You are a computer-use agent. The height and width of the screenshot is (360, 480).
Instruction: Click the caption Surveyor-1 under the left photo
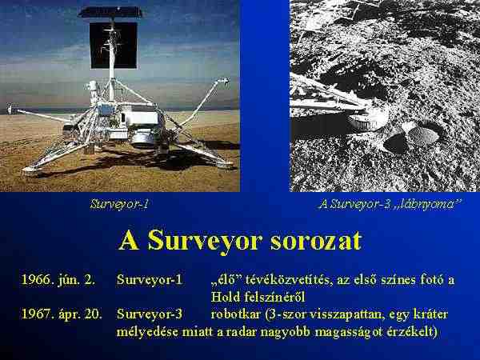(x=119, y=204)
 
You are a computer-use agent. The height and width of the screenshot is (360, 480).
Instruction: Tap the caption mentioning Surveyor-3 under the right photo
(x=390, y=204)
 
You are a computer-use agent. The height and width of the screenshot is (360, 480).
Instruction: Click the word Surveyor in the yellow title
(x=205, y=242)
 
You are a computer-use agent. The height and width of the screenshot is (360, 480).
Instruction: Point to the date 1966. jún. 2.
(x=58, y=280)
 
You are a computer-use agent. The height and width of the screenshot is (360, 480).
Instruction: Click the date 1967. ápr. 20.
(x=62, y=314)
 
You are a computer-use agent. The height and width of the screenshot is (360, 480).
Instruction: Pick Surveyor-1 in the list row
(x=150, y=280)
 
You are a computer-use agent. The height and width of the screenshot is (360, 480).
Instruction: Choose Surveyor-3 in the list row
(x=150, y=314)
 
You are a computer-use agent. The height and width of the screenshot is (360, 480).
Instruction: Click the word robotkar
(x=235, y=314)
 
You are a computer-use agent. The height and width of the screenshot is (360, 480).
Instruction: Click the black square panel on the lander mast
(x=114, y=46)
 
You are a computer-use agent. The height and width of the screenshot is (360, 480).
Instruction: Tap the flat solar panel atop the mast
(x=110, y=12)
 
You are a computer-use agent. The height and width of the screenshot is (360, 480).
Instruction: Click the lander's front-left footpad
(x=32, y=170)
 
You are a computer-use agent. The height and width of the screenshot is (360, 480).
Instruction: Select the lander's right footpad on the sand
(x=226, y=165)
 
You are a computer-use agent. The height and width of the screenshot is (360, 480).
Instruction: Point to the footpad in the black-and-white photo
(x=367, y=122)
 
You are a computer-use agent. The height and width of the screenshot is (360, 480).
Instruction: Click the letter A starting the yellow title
(x=129, y=242)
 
